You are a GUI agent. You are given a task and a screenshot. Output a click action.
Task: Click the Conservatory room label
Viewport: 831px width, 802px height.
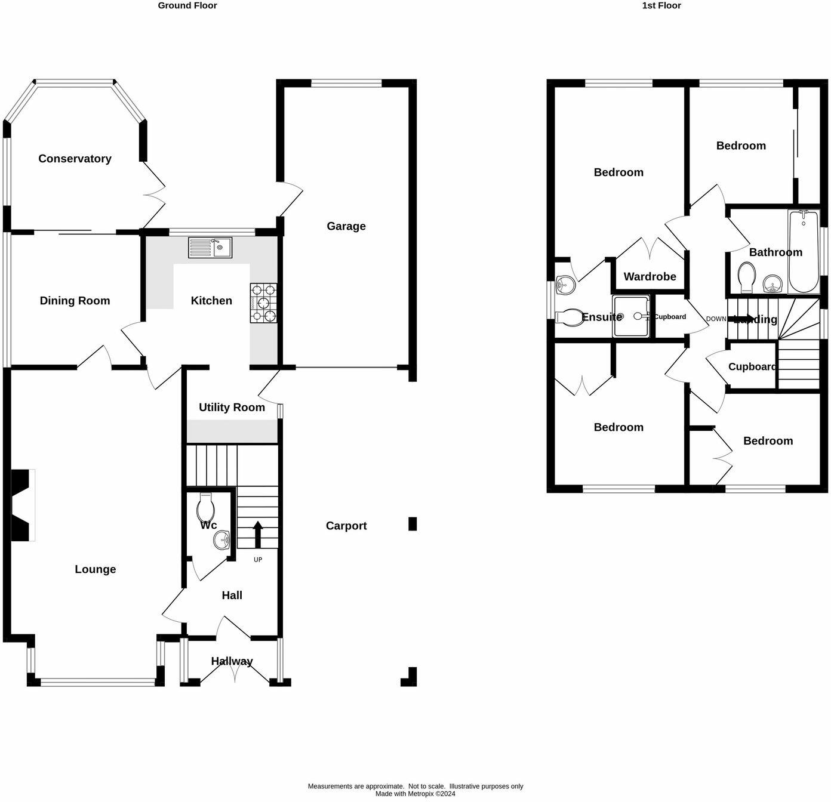click(x=75, y=159)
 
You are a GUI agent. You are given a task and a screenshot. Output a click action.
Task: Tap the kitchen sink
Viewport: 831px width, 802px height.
click(x=210, y=247)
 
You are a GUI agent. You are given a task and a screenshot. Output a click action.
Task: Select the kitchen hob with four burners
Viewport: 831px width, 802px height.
click(x=263, y=303)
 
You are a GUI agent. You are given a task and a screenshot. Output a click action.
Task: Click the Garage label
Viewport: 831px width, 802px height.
click(x=346, y=226)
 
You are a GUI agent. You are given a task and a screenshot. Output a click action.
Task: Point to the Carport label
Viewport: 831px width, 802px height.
click(x=346, y=526)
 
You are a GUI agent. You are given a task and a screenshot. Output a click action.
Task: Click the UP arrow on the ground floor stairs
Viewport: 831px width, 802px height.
click(x=258, y=534)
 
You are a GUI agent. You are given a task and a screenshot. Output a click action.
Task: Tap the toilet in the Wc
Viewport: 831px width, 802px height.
click(x=205, y=508)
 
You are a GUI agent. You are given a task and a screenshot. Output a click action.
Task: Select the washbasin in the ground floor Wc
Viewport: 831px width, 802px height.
click(x=221, y=541)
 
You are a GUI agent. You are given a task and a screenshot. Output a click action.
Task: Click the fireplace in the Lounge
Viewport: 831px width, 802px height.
click(x=23, y=505)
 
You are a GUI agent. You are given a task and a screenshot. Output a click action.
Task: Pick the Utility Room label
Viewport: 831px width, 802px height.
click(x=232, y=408)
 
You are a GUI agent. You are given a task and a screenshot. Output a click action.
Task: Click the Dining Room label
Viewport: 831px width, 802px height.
click(x=75, y=301)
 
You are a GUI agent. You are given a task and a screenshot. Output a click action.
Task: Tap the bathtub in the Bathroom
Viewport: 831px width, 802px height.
click(x=804, y=251)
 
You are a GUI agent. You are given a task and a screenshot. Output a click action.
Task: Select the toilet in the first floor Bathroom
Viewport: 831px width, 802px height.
click(x=746, y=276)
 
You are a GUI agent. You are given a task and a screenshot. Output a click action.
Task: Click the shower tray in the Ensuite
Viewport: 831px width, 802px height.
click(x=631, y=316)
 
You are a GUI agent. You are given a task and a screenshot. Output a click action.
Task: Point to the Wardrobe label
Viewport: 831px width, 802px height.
click(x=650, y=276)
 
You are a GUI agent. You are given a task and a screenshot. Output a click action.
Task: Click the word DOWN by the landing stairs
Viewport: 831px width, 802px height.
click(x=716, y=319)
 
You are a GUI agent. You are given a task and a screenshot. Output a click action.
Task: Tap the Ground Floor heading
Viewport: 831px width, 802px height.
click(x=187, y=5)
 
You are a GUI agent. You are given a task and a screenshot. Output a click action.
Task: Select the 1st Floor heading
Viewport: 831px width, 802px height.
click(x=661, y=5)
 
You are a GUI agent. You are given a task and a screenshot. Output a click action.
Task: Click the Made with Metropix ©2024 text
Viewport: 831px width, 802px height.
click(x=415, y=794)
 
